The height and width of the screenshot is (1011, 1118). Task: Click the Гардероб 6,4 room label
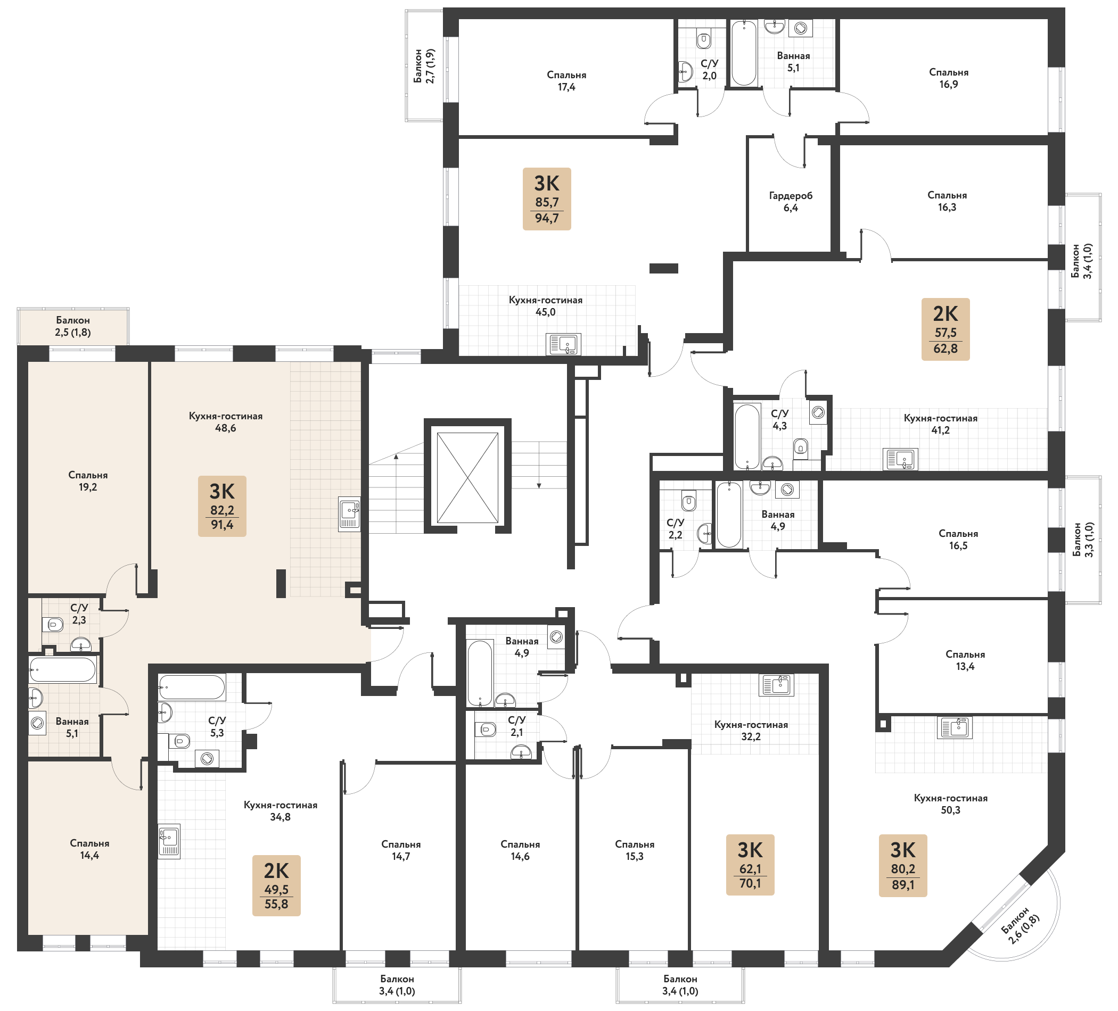pos(790,202)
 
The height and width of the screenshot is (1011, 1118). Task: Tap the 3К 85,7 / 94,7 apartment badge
pos(547,199)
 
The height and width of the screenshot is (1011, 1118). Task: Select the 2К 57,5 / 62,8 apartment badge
pos(946,329)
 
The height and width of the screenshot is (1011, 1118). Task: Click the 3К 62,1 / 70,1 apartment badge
pos(750,865)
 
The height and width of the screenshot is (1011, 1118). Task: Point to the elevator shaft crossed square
pos(467,478)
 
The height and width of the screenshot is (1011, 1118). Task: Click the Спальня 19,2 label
pos(88,481)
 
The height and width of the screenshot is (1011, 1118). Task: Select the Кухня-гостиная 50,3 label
pos(950,804)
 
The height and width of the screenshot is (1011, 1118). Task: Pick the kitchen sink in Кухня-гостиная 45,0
pos(563,344)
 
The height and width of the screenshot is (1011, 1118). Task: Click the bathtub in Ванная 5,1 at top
pos(744,53)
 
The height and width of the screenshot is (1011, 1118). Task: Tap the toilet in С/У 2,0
pos(704,40)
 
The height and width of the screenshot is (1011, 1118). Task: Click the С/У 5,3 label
pos(217,727)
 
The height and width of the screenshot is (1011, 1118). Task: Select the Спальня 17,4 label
pos(566,81)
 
